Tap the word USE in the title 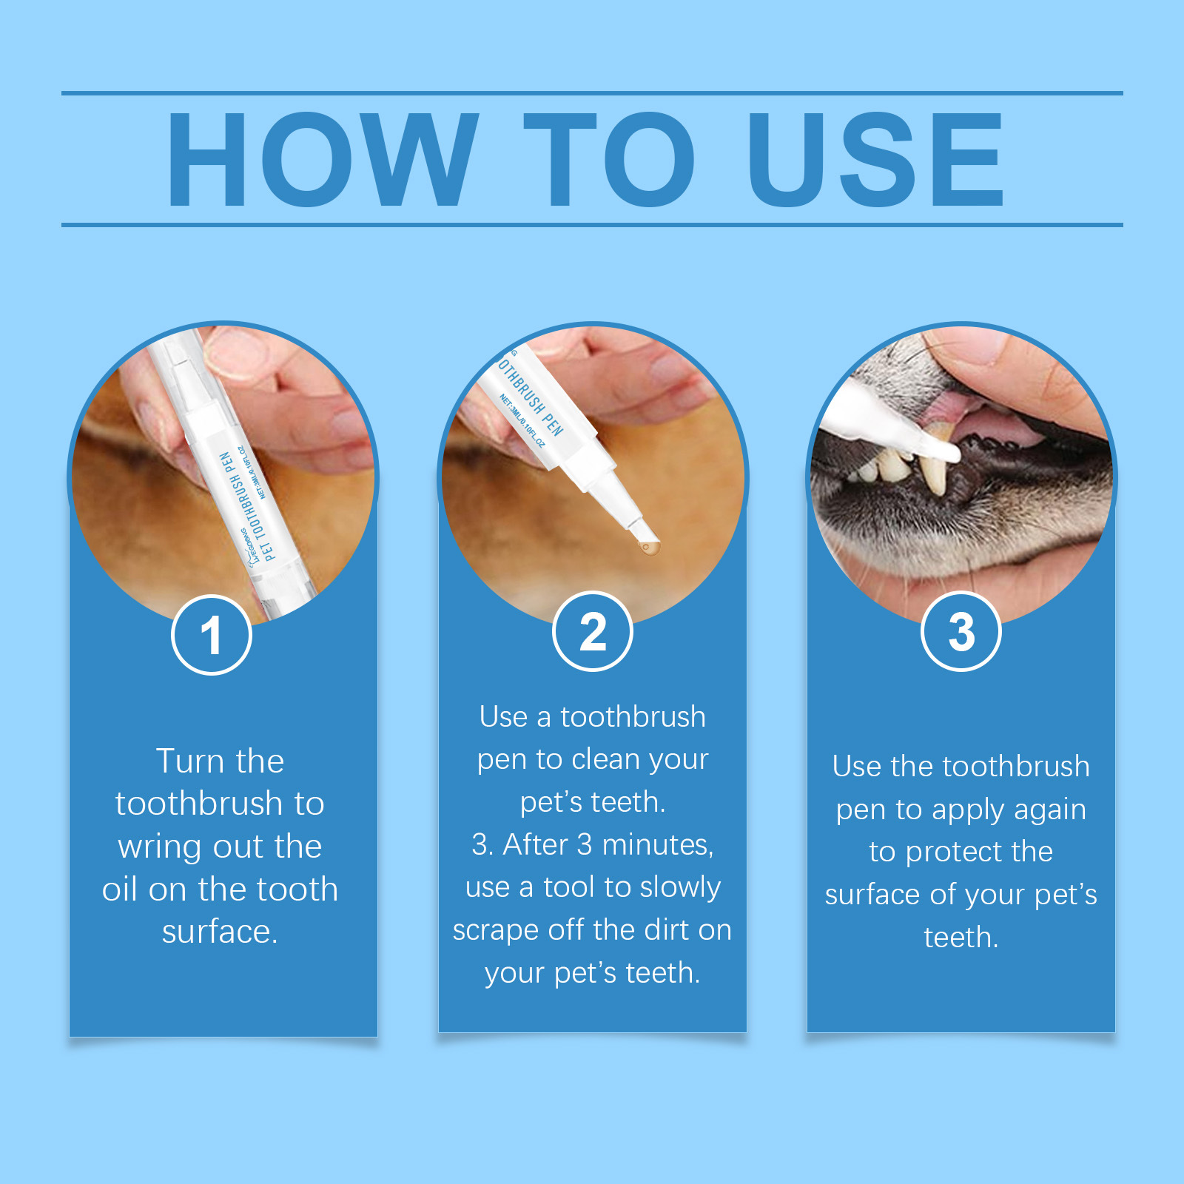click(x=876, y=159)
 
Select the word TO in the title click(x=609, y=159)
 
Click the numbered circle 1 click(x=212, y=635)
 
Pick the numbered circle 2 click(x=593, y=631)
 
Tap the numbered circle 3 click(x=961, y=631)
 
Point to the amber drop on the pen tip click(x=648, y=548)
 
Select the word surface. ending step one click(x=220, y=932)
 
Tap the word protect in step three click(x=955, y=852)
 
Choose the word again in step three click(x=1046, y=810)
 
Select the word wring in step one click(x=159, y=847)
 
